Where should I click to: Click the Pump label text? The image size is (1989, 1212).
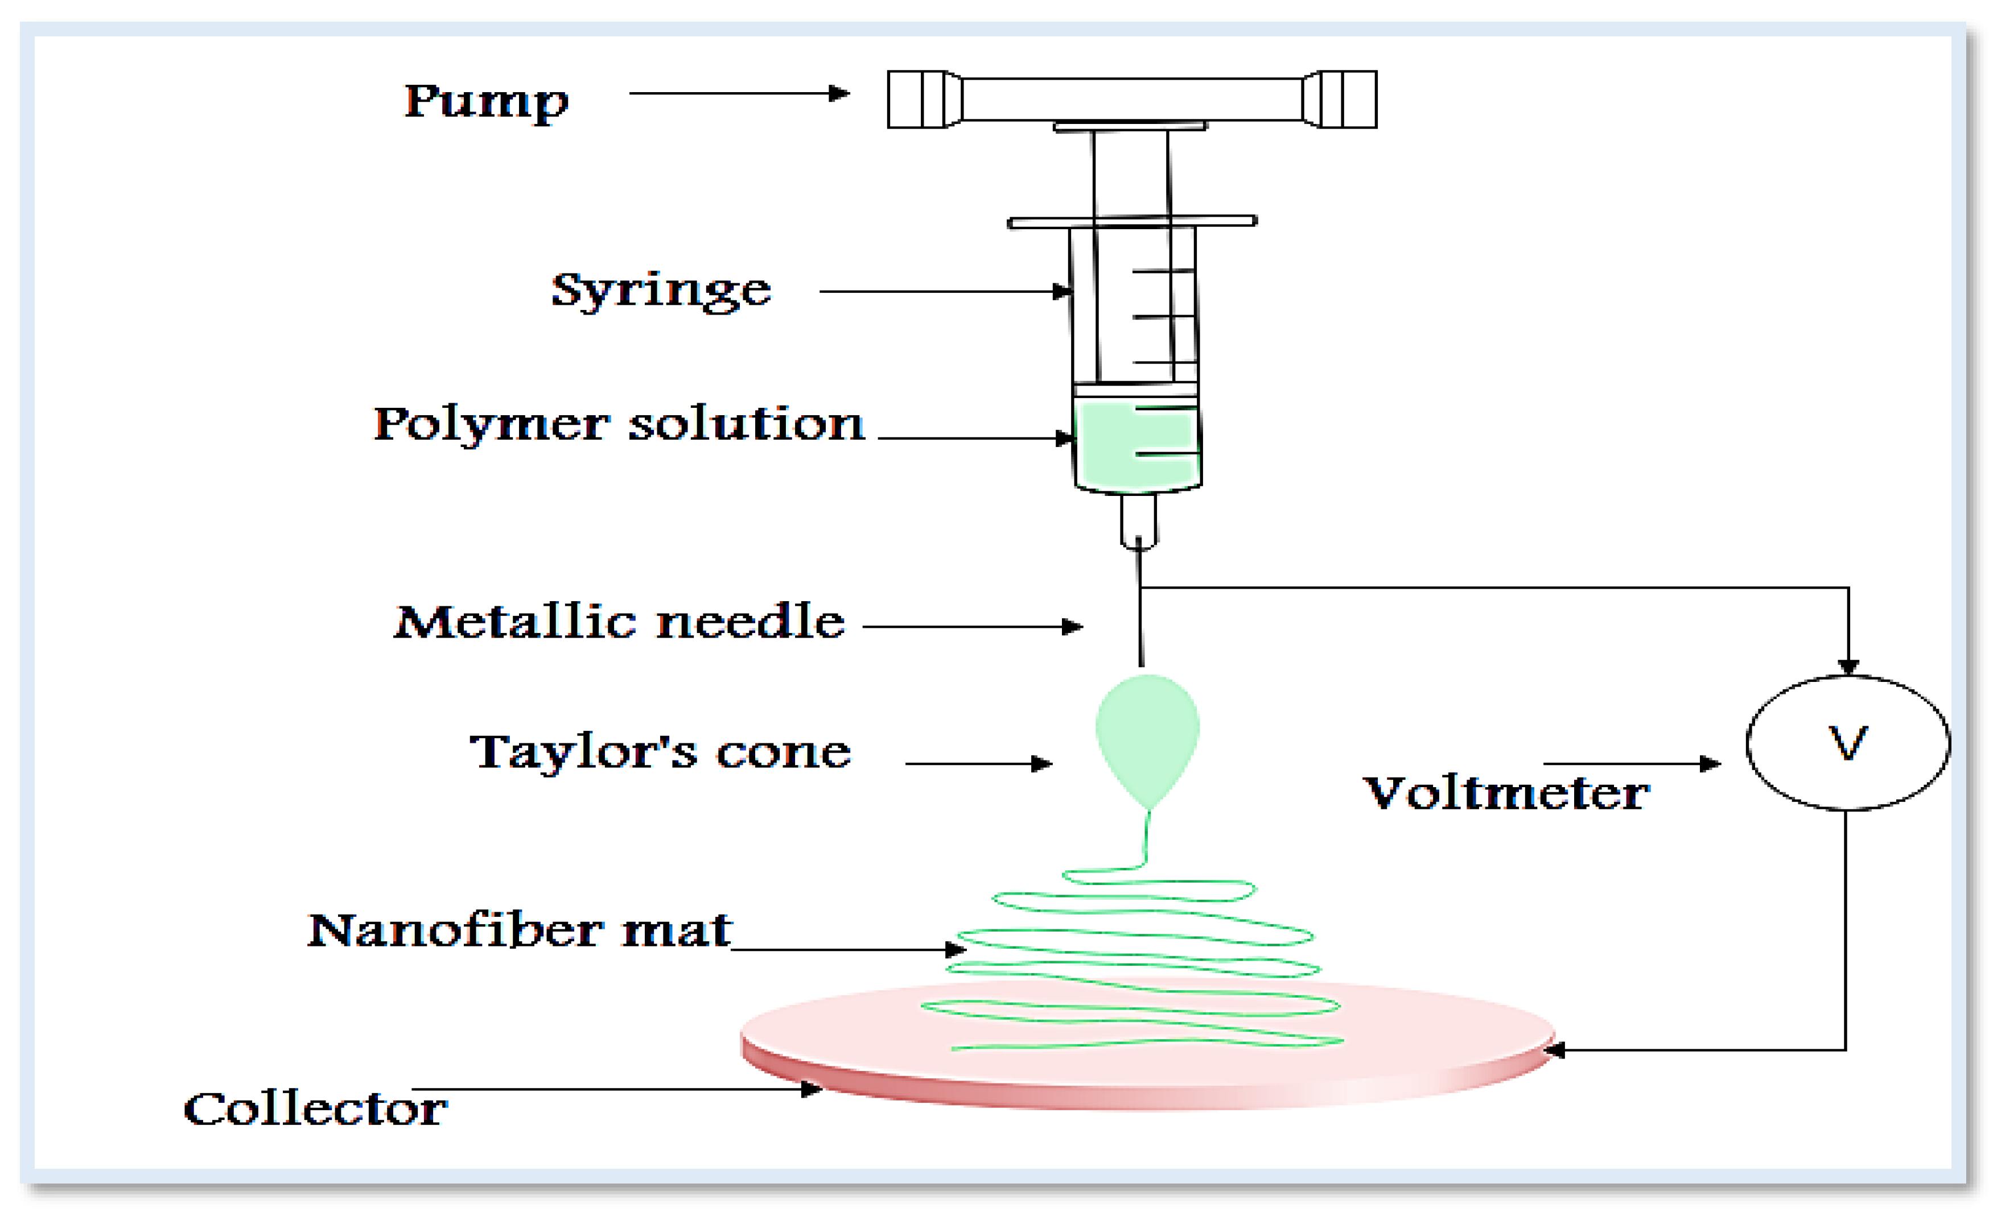pos(486,102)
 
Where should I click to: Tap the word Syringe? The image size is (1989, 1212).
pos(660,291)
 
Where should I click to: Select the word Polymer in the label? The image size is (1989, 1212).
pos(491,425)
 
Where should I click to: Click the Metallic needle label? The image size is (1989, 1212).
pos(619,622)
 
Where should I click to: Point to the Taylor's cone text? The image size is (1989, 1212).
pos(660,752)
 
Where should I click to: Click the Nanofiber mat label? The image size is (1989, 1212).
pos(519,930)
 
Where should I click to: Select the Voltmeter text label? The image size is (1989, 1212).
pos(1506,793)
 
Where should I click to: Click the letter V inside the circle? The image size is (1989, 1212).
pos(1847,742)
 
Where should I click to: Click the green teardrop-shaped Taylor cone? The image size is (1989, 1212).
pos(1147,730)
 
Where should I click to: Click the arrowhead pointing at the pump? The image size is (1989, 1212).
pos(839,94)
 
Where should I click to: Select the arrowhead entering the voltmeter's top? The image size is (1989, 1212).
pos(1848,667)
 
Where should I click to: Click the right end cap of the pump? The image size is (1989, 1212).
pos(1341,100)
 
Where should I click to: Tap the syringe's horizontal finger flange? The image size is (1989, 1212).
pos(1132,222)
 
